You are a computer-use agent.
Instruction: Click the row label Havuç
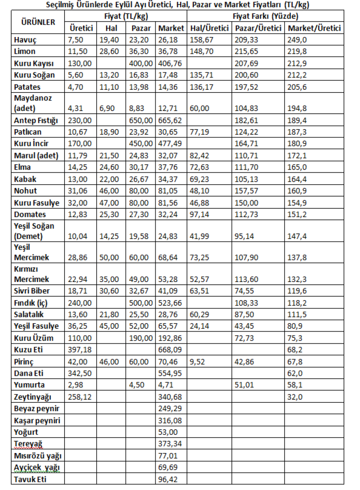(x=25, y=39)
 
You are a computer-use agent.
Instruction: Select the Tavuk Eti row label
(x=32, y=478)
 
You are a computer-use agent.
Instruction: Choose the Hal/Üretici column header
(x=209, y=28)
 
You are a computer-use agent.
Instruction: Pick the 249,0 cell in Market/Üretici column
(x=298, y=39)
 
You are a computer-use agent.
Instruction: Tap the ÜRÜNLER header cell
(x=38, y=22)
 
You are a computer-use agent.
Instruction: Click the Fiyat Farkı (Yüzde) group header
(x=265, y=16)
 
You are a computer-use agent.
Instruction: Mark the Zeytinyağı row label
(x=33, y=397)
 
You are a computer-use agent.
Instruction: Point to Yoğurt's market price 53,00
(x=168, y=432)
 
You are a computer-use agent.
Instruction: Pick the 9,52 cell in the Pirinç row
(x=198, y=361)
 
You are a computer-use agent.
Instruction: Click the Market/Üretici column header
(x=314, y=28)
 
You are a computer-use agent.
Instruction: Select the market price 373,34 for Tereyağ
(x=170, y=443)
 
